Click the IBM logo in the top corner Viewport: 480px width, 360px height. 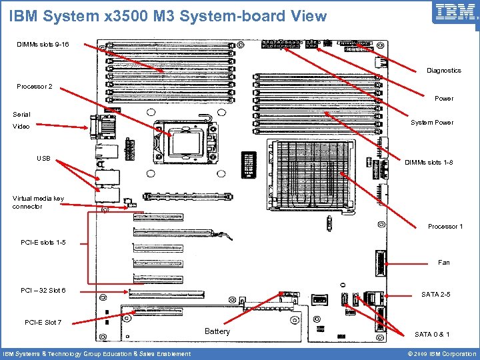click(x=455, y=12)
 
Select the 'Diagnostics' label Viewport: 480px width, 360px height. click(x=443, y=71)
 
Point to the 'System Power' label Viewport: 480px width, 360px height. click(x=431, y=123)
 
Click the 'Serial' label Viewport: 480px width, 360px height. click(x=21, y=115)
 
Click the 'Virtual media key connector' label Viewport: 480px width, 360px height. click(x=38, y=202)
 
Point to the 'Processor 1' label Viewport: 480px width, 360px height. click(x=445, y=227)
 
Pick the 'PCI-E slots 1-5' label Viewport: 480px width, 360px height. click(x=43, y=242)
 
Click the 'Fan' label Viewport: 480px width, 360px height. click(x=443, y=263)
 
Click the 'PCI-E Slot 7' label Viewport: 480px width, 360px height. click(x=43, y=323)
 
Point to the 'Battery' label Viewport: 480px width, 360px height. click(x=217, y=331)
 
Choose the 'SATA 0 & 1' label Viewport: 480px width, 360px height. click(x=432, y=334)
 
